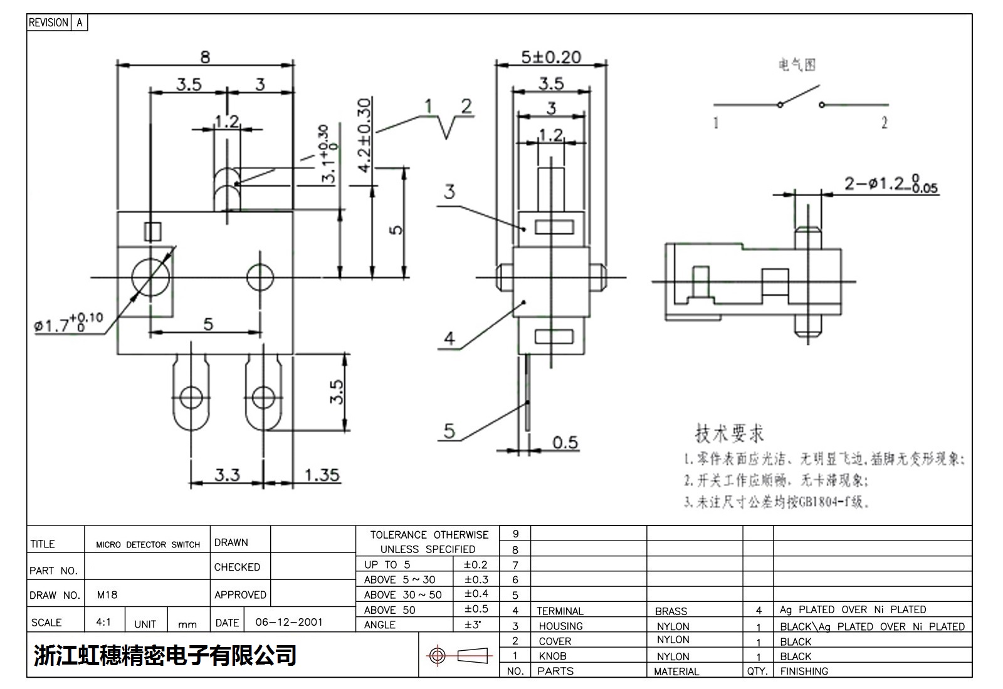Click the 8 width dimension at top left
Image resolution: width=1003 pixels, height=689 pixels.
(205, 57)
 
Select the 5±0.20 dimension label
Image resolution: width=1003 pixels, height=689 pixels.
(551, 57)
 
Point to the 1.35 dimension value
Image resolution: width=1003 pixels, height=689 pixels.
(322, 475)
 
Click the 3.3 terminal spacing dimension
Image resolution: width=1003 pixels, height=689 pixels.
(227, 475)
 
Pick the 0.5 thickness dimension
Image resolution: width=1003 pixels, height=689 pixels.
(565, 442)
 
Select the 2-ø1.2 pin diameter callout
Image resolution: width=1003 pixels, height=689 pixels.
(891, 184)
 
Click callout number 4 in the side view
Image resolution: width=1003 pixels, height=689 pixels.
(449, 339)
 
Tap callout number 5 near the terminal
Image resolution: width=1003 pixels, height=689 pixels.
(449, 431)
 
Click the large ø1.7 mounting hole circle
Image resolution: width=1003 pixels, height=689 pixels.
(150, 276)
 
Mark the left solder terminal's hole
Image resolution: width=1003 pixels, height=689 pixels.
(191, 396)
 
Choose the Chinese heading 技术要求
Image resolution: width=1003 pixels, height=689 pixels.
(729, 433)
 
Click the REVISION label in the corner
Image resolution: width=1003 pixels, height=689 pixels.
(48, 23)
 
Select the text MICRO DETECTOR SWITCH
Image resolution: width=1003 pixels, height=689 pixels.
(148, 544)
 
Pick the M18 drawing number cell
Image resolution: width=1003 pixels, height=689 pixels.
(107, 595)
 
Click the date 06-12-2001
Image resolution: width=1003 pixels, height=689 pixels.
(289, 622)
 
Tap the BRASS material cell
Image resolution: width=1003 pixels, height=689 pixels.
(671, 611)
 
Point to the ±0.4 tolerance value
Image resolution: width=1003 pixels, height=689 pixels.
(476, 594)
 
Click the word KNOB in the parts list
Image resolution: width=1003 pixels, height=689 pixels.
(552, 656)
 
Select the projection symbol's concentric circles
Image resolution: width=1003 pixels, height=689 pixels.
(438, 656)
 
